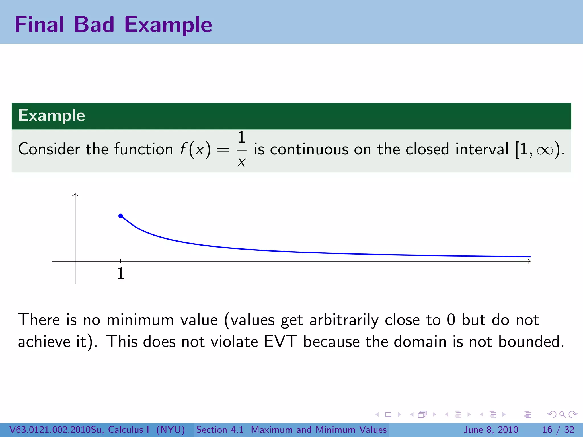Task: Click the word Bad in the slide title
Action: [94, 24]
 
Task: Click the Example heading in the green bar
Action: [52, 116]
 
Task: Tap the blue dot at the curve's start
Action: [121, 216]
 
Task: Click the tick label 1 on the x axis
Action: [121, 274]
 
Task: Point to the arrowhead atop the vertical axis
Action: [75, 195]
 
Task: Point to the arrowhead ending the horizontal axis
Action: [529, 261]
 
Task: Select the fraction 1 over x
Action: [241, 149]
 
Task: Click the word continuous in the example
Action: [309, 149]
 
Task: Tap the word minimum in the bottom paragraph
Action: [140, 320]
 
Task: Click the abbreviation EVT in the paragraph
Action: [280, 341]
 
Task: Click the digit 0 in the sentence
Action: [451, 320]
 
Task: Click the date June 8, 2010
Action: [491, 430]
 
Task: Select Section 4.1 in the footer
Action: [220, 430]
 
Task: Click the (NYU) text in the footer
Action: [171, 430]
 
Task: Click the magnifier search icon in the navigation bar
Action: [562, 414]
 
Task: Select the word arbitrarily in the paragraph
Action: [344, 320]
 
